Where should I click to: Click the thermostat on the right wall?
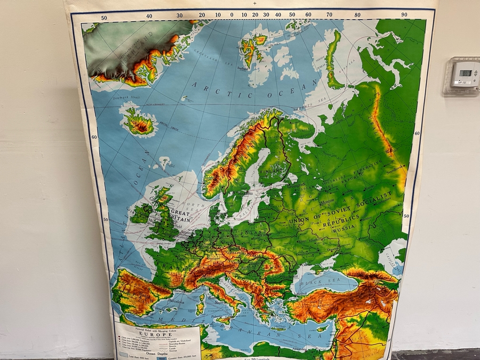pyautogui.click(x=461, y=75)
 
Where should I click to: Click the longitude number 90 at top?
pyautogui.click(x=404, y=15)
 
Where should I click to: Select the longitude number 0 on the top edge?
pyautogui.click(x=231, y=15)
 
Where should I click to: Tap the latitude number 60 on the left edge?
pyautogui.click(x=93, y=137)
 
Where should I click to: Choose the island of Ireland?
pyautogui.click(x=142, y=212)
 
